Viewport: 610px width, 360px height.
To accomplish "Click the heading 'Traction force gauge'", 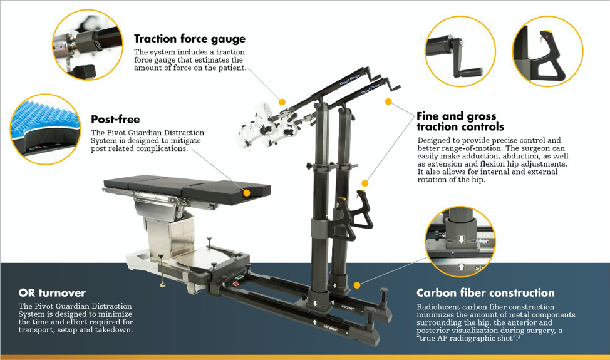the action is tap(190, 39).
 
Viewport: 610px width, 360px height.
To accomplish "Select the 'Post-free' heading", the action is tap(115, 120).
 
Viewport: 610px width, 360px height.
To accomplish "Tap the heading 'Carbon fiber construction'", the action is tap(485, 293).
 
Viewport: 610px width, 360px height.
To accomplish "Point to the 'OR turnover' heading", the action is tap(52, 293).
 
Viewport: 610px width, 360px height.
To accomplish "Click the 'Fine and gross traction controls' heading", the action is tap(460, 121).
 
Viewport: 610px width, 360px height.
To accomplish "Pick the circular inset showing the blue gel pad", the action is tap(46, 130).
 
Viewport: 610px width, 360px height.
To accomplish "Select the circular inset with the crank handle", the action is tap(460, 51).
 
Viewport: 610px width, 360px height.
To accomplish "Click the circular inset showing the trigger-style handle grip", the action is tap(548, 51).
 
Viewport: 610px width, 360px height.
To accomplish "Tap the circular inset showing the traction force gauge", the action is tap(88, 44).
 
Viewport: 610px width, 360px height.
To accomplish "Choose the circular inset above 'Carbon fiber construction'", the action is tap(460, 242).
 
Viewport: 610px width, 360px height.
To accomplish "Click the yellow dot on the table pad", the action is tap(247, 193).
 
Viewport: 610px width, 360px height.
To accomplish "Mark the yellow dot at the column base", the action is tap(357, 285).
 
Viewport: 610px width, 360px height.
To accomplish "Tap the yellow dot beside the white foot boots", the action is tap(282, 102).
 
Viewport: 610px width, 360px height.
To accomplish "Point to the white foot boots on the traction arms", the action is tap(269, 125).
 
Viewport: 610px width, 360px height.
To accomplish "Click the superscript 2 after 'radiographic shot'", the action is tap(519, 337).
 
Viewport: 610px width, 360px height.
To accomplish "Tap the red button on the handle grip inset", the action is tap(545, 36).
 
